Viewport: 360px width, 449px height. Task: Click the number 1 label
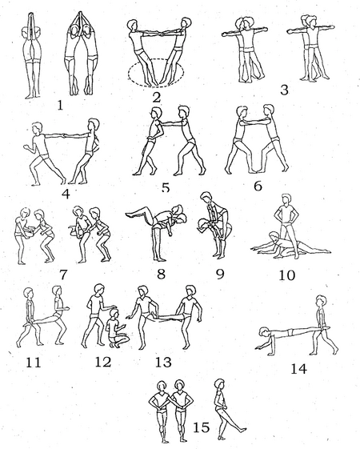tap(60, 106)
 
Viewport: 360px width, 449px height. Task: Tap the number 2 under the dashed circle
tap(157, 98)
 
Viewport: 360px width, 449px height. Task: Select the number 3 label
tap(284, 90)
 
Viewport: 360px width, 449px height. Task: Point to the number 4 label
tap(66, 194)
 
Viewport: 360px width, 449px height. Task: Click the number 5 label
tap(166, 187)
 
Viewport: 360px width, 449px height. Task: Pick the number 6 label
tap(258, 186)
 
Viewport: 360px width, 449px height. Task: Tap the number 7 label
tap(63, 275)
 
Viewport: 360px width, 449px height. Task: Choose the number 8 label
tap(161, 274)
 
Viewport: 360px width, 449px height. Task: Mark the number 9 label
tap(220, 274)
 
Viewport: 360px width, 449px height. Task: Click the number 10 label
tap(286, 275)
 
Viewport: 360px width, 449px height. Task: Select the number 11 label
tap(33, 363)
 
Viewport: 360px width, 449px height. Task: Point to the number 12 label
tap(103, 363)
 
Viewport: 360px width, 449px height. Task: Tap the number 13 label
tap(163, 363)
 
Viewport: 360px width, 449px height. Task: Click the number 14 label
tap(298, 369)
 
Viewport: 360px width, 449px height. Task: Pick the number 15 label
tap(202, 428)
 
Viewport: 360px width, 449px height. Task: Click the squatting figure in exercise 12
tap(117, 329)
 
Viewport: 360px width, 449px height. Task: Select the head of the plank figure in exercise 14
tap(264, 333)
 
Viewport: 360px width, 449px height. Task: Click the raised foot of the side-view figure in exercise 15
tap(242, 430)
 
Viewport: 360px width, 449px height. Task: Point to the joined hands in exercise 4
tap(63, 135)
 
